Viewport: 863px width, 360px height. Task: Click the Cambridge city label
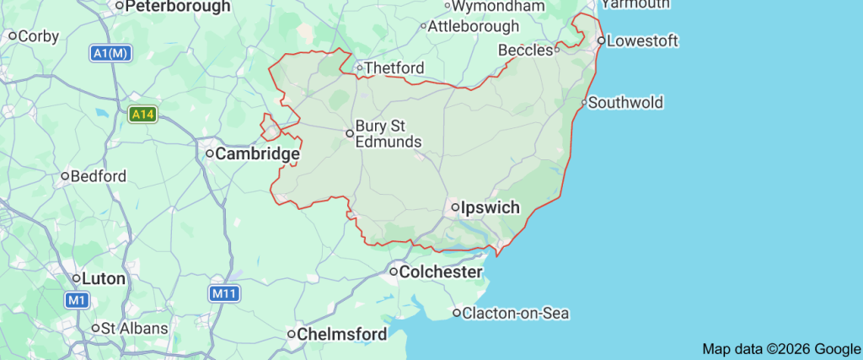pyautogui.click(x=258, y=154)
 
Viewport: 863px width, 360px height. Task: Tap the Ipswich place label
pyautogui.click(x=490, y=207)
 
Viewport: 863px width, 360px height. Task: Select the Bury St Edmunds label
pyautogui.click(x=388, y=133)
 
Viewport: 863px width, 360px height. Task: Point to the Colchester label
pyautogui.click(x=441, y=271)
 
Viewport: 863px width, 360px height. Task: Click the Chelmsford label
pyautogui.click(x=342, y=335)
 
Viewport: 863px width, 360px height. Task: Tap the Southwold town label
pyautogui.click(x=625, y=103)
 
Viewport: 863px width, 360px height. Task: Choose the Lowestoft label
pyautogui.click(x=642, y=40)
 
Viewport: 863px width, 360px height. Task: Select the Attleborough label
pyautogui.click(x=474, y=26)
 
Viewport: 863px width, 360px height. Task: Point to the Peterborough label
pyautogui.click(x=178, y=7)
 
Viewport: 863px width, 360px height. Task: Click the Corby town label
pyautogui.click(x=38, y=36)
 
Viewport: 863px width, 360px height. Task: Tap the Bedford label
pyautogui.click(x=99, y=176)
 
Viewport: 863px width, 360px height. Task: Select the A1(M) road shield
pyautogui.click(x=111, y=53)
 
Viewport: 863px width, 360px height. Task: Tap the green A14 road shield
pyautogui.click(x=142, y=113)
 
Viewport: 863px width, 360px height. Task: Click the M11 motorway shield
pyautogui.click(x=222, y=293)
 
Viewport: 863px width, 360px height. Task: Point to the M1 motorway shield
pyautogui.click(x=78, y=299)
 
